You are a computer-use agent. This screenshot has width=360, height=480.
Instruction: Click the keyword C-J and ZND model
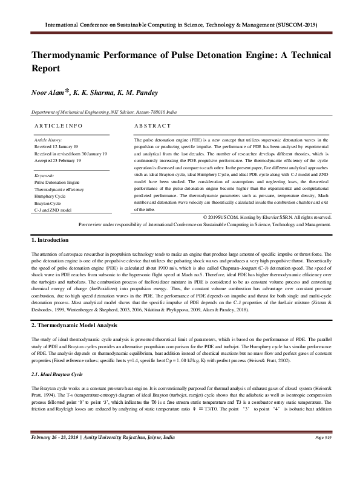pyautogui.click(x=52, y=210)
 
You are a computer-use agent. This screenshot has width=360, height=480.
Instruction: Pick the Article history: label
pyautogui.click(x=46, y=139)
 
